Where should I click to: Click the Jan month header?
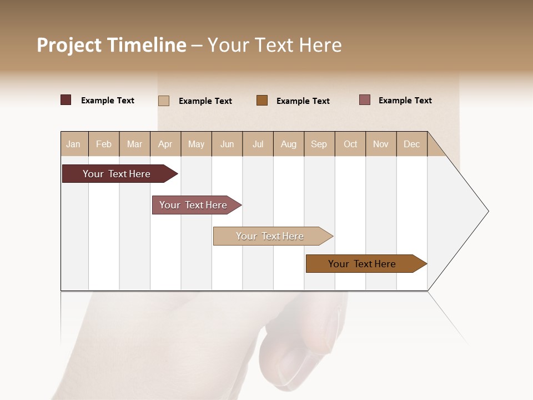[x=74, y=144]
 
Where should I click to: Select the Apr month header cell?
[x=165, y=144]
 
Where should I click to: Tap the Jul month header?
[x=258, y=144]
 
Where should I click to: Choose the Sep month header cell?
[x=319, y=144]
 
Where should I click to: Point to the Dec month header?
[x=411, y=144]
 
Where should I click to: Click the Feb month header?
[x=104, y=144]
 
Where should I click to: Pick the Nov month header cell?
[x=381, y=144]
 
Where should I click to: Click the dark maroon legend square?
[x=66, y=100]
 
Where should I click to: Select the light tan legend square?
[x=164, y=101]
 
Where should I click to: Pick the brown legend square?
[x=262, y=101]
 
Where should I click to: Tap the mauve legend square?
[x=365, y=100]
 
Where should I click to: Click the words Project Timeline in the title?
[x=112, y=45]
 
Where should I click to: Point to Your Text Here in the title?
[x=274, y=45]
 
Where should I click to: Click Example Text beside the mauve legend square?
[x=405, y=101]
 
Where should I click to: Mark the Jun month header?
[x=227, y=144]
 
